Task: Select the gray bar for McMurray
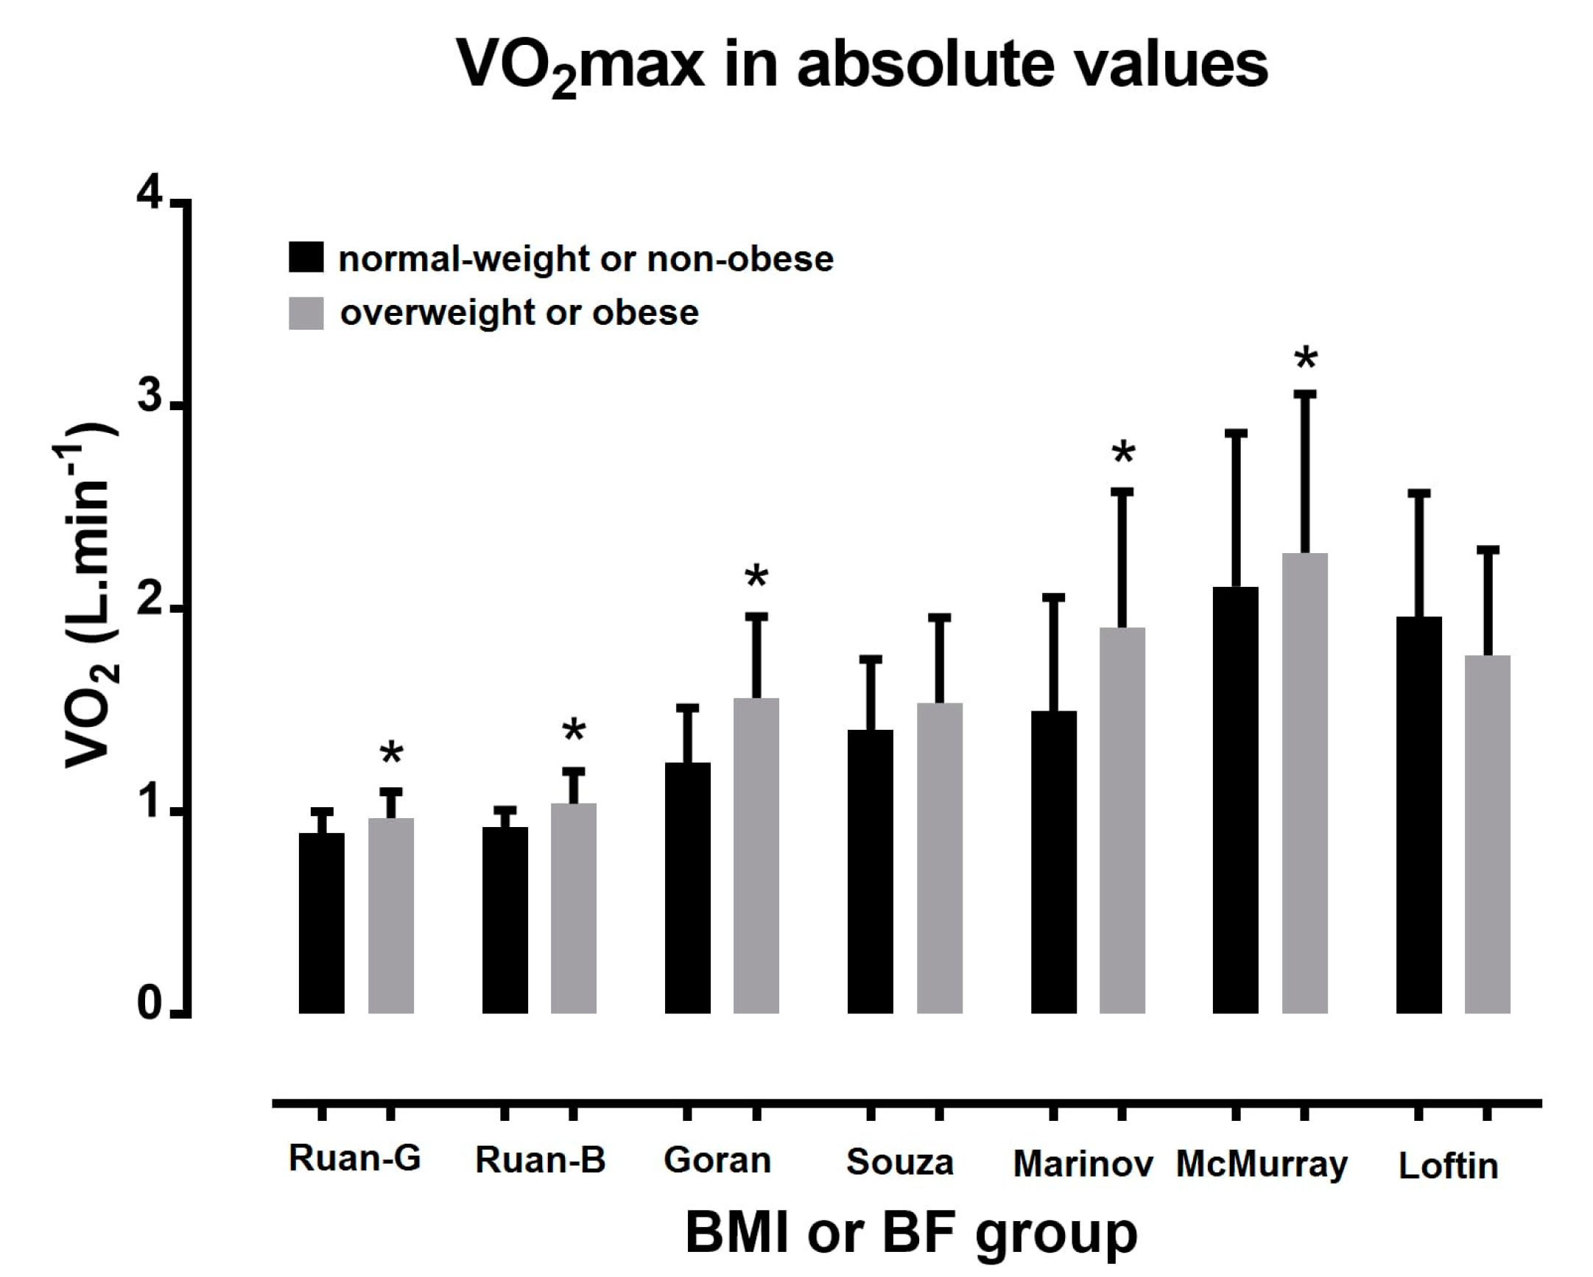(x=1305, y=783)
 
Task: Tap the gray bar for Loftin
(x=1488, y=834)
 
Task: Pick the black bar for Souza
(x=871, y=871)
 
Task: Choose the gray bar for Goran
(x=756, y=855)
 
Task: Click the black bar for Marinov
(x=1054, y=862)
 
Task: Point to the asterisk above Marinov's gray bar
(x=1123, y=452)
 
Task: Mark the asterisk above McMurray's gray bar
(x=1306, y=359)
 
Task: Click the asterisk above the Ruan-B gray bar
(x=574, y=731)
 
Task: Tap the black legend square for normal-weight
(x=306, y=257)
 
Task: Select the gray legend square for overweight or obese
(x=306, y=313)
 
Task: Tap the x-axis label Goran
(x=717, y=1160)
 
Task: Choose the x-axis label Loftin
(x=1448, y=1166)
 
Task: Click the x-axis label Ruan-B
(x=540, y=1159)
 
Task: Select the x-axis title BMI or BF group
(x=911, y=1235)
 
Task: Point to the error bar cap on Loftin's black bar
(x=1418, y=493)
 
